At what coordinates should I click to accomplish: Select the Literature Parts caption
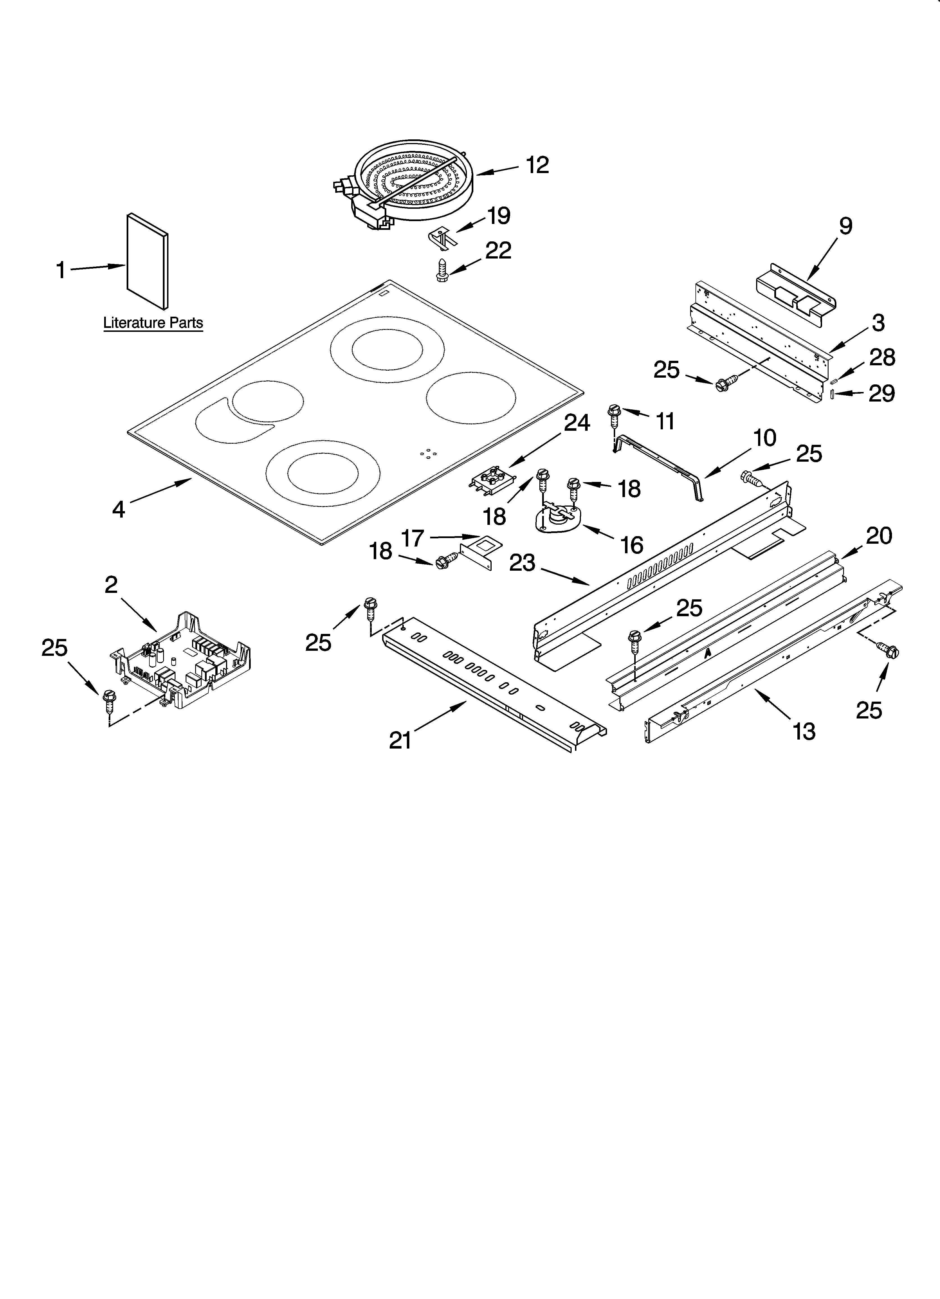click(153, 323)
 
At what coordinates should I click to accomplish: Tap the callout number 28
click(882, 357)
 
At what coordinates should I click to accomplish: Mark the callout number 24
click(576, 423)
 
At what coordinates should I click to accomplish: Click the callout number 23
click(522, 563)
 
